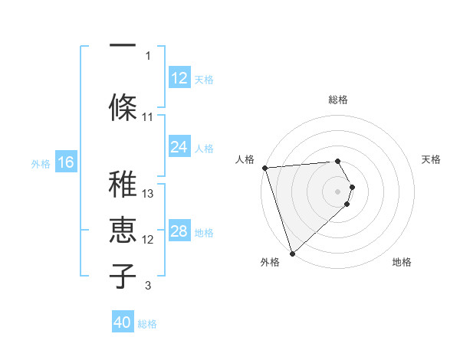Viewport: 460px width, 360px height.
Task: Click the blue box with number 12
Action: pyautogui.click(x=179, y=78)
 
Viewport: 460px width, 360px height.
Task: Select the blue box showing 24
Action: pyautogui.click(x=179, y=147)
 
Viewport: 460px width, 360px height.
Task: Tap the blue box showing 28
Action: pyautogui.click(x=179, y=231)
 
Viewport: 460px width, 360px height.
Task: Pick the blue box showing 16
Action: pyautogui.click(x=66, y=162)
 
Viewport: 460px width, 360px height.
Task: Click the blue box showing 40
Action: pyautogui.click(x=123, y=322)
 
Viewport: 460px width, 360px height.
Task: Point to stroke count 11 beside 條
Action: pyautogui.click(x=148, y=117)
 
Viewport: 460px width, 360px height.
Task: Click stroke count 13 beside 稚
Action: pyautogui.click(x=149, y=194)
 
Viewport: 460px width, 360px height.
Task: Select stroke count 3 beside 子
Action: pyautogui.click(x=148, y=286)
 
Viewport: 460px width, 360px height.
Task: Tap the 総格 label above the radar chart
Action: pyautogui.click(x=337, y=100)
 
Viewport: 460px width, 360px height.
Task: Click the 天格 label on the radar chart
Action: pyautogui.click(x=432, y=159)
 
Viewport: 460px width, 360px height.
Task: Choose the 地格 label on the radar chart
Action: pyautogui.click(x=402, y=263)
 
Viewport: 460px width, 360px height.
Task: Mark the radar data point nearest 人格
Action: pyautogui.click(x=264, y=168)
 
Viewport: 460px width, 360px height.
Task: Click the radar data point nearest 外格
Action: pyautogui.click(x=292, y=252)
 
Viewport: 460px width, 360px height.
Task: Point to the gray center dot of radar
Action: pyautogui.click(x=337, y=191)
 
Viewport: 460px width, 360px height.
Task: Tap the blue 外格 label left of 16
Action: pyautogui.click(x=41, y=163)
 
